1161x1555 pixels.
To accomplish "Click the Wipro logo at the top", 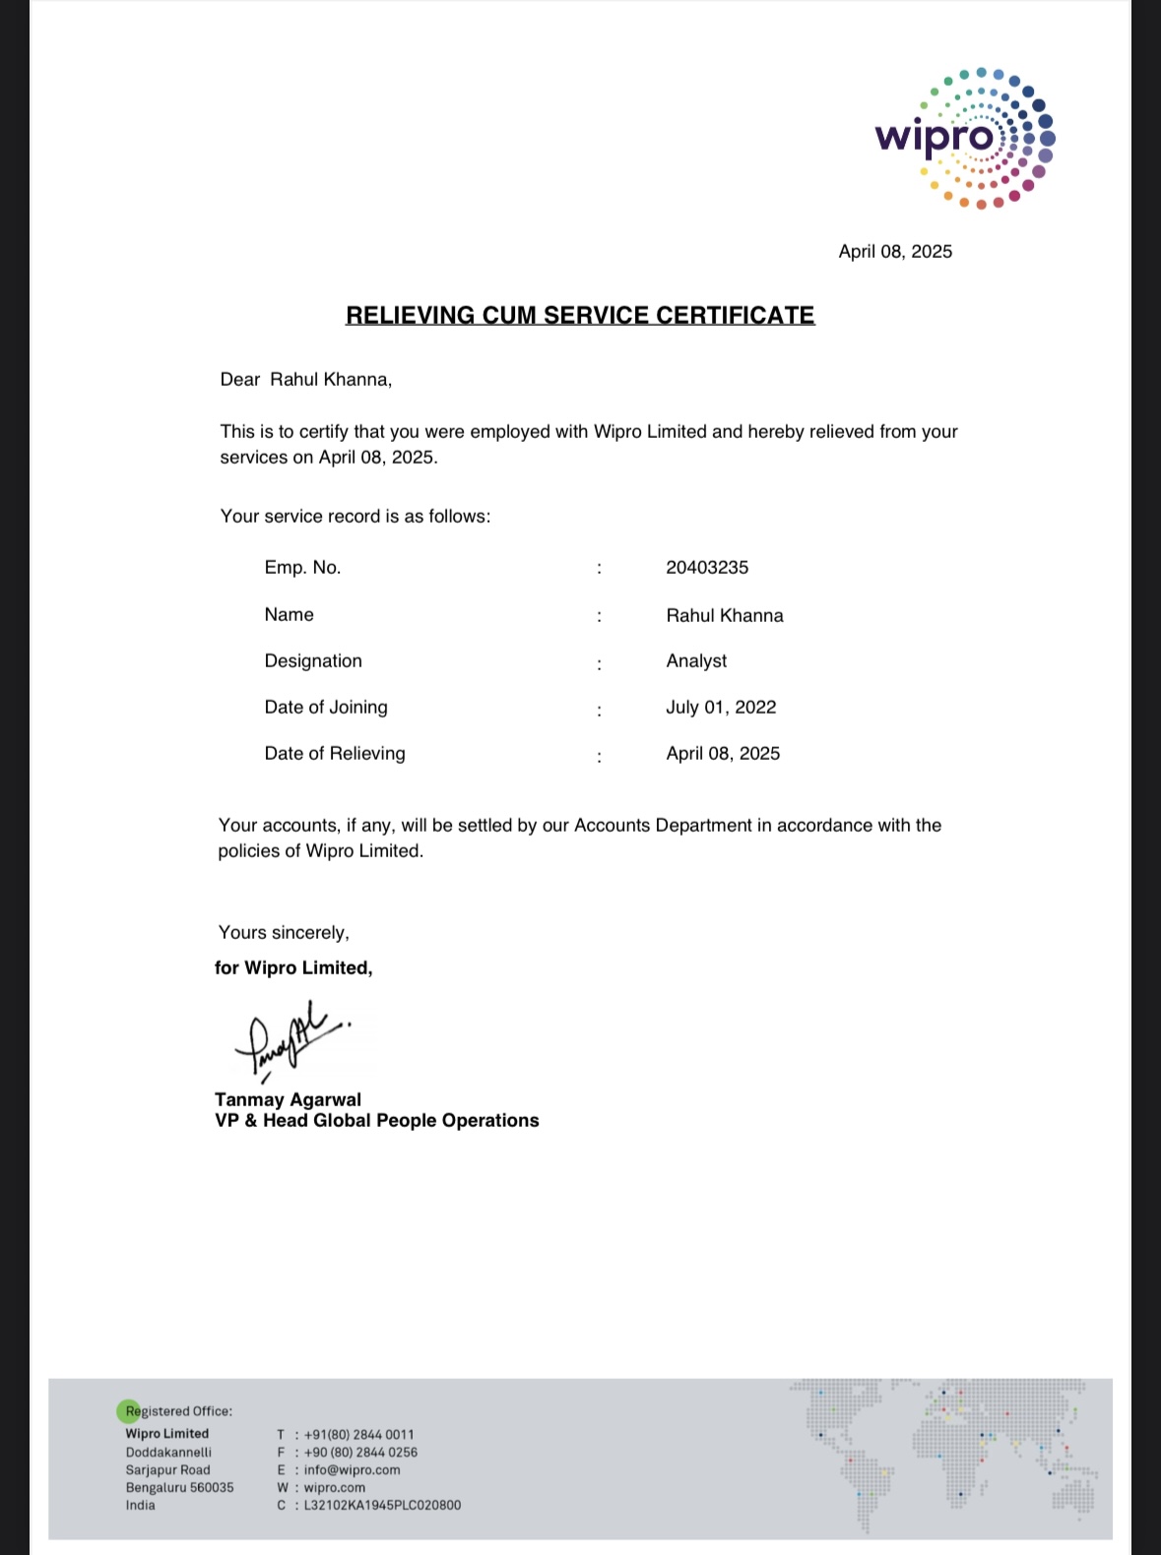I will pyautogui.click(x=965, y=138).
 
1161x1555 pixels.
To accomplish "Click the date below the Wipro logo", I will pyautogui.click(x=895, y=252).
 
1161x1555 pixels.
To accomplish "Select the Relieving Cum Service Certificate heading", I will pyautogui.click(x=580, y=316).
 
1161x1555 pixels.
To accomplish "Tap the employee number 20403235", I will pyautogui.click(x=707, y=568).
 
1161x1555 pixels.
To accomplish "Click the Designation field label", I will pyautogui.click(x=313, y=661).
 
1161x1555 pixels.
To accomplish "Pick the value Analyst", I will pyautogui.click(x=696, y=661).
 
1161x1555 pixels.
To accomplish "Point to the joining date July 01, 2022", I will pyautogui.click(x=721, y=708).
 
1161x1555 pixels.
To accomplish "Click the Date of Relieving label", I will pyautogui.click(x=335, y=754).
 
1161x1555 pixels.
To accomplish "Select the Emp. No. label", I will pyautogui.click(x=302, y=568).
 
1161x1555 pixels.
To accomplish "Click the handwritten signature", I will pyautogui.click(x=290, y=1042).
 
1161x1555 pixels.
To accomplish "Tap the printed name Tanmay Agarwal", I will pyautogui.click(x=288, y=1100).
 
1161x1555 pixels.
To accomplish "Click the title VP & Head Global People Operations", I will pyautogui.click(x=377, y=1121).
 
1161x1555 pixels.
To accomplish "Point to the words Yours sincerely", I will pyautogui.click(x=284, y=933).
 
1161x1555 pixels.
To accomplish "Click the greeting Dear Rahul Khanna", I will pyautogui.click(x=306, y=380).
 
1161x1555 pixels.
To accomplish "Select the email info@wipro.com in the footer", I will pyautogui.click(x=352, y=1470).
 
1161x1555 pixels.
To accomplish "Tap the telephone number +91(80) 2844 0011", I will pyautogui.click(x=358, y=1435).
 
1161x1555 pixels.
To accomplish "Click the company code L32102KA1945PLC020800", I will pyautogui.click(x=382, y=1506).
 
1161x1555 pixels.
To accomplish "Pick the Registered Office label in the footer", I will pyautogui.click(x=179, y=1411).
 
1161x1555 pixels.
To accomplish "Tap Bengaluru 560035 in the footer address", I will pyautogui.click(x=179, y=1488).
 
